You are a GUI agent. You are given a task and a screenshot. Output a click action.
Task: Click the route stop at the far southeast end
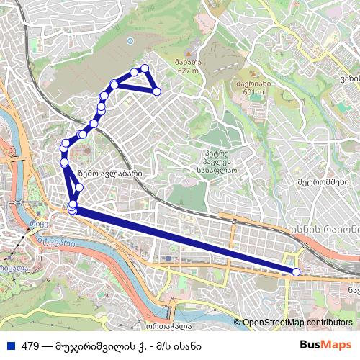click(x=296, y=271)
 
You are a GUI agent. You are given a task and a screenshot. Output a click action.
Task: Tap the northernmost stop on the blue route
click(x=145, y=68)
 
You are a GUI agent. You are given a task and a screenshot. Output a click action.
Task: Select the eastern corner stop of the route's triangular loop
click(x=156, y=91)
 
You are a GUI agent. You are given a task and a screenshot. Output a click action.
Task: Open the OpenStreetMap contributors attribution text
click(x=297, y=323)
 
